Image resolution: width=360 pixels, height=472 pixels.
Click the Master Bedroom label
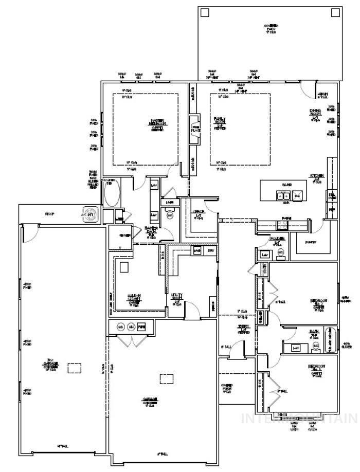pos(157,123)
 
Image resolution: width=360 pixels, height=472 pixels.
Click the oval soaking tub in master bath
pos(111,193)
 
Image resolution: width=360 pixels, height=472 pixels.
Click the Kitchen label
pos(316,178)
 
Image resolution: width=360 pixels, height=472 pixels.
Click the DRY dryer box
pos(210,250)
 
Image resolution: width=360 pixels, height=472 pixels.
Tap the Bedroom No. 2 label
pos(318,304)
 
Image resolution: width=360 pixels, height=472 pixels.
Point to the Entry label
pos(243,329)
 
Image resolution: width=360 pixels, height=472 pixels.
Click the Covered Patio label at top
pos(271,29)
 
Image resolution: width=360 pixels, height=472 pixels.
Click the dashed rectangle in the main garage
pos(166,378)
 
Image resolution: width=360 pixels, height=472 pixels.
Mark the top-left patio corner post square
pos(205,13)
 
